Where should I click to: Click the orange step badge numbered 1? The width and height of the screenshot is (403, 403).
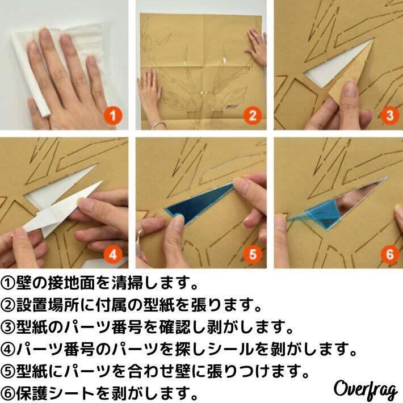tap(113, 116)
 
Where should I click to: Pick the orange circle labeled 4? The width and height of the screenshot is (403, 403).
tap(113, 254)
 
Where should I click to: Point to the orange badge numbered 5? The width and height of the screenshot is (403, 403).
tap(253, 254)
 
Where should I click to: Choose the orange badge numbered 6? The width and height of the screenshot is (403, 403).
tap(389, 254)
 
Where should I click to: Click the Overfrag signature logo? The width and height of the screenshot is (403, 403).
tap(365, 389)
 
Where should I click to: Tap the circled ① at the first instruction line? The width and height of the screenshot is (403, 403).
tap(8, 283)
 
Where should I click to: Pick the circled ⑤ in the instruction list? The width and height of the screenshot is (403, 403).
tap(8, 371)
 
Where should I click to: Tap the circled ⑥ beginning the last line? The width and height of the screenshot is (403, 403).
tap(8, 393)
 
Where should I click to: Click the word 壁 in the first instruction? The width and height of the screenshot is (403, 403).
tap(24, 283)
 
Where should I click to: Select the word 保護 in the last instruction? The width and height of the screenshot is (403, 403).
tap(32, 393)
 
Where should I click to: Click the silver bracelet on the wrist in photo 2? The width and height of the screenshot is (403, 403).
tap(158, 126)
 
